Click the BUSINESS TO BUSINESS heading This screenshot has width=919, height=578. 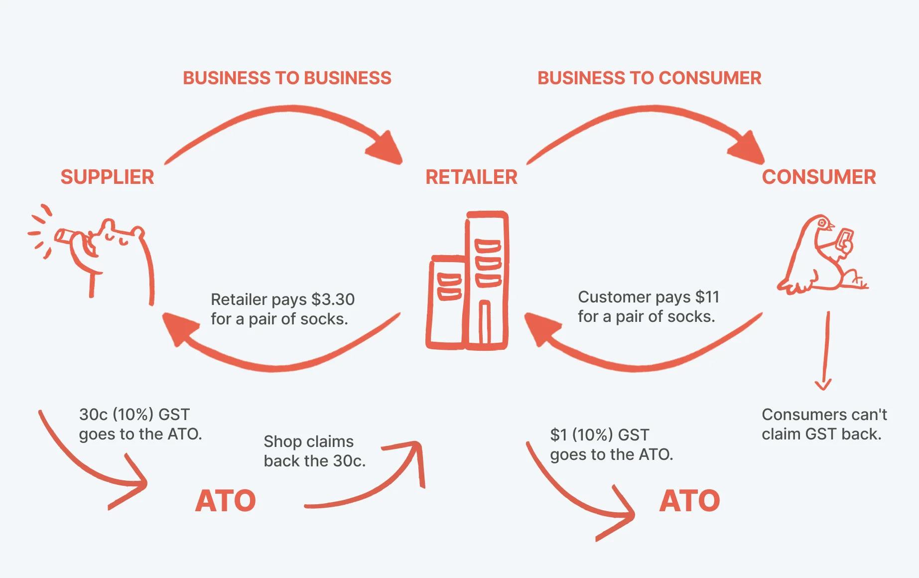pyautogui.click(x=287, y=78)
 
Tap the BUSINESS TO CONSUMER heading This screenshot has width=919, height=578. pyautogui.click(x=649, y=78)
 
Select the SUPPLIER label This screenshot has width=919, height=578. pyautogui.click(x=107, y=177)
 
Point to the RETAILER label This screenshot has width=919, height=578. pyautogui.click(x=471, y=177)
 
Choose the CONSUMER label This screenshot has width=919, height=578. pyautogui.click(x=818, y=177)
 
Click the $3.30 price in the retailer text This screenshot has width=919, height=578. pyautogui.click(x=333, y=299)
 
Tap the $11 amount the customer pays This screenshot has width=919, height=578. pyautogui.click(x=707, y=297)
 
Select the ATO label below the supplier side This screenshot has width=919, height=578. pyautogui.click(x=225, y=501)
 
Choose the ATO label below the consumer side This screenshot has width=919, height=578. pyautogui.click(x=689, y=501)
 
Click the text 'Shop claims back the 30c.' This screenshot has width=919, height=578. pyautogui.click(x=314, y=451)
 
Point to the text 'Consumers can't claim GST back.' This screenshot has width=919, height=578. pyautogui.click(x=824, y=424)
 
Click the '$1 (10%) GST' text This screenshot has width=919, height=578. pyautogui.click(x=599, y=435)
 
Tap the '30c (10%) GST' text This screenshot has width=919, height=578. pyautogui.click(x=134, y=415)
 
